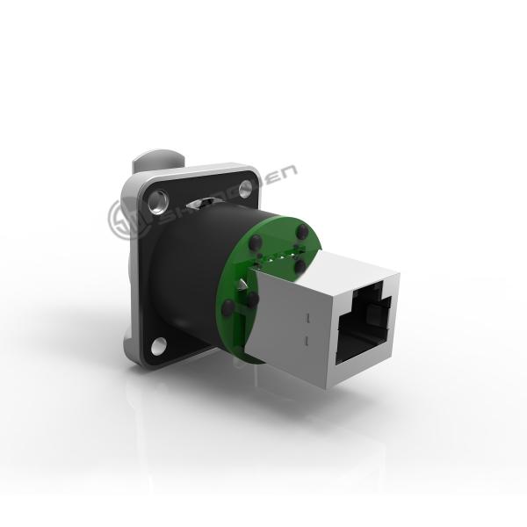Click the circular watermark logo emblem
tap(123, 219)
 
